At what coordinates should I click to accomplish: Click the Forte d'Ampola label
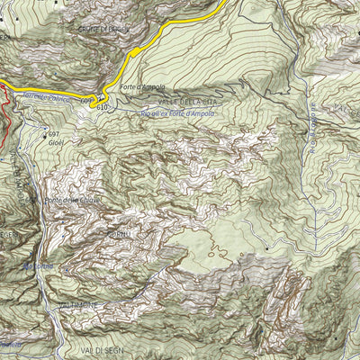[x=140, y=88]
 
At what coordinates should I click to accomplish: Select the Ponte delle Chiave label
[x=70, y=200]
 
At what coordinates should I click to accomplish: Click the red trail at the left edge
[x=4, y=118]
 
